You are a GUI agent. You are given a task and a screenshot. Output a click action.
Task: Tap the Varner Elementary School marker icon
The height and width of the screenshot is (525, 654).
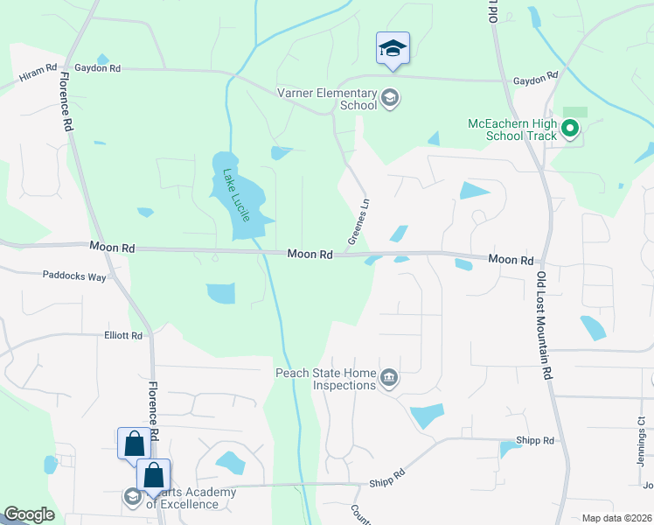pos(390,96)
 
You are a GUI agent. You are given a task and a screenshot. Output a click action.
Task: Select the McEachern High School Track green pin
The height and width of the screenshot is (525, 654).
pos(571,130)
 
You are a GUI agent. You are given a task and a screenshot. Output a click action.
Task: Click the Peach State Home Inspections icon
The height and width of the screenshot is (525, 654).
pos(390,378)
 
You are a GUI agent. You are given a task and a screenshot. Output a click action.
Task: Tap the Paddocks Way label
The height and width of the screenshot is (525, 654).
pos(74,276)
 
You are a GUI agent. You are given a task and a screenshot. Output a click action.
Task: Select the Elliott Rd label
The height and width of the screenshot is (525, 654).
pos(123,335)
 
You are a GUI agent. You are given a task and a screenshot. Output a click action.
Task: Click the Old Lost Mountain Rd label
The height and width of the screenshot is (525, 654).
pos(546,325)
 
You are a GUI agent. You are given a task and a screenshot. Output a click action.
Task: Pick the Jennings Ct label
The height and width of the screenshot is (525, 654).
pos(641,437)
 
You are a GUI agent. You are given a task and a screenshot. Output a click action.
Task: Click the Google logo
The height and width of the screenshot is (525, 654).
pos(29,514)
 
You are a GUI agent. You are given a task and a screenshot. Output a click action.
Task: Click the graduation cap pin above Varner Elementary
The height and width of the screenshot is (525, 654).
pos(393,49)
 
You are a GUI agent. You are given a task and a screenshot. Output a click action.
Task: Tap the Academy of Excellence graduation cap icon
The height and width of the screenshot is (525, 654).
pos(133,497)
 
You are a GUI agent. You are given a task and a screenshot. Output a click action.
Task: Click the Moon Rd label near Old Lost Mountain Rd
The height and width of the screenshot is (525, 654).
pos(511,260)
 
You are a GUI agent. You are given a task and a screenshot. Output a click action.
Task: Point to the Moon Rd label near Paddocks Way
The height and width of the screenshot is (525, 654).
pos(112,248)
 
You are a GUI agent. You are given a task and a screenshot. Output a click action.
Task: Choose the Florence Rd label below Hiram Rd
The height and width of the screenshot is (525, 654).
pos(66,102)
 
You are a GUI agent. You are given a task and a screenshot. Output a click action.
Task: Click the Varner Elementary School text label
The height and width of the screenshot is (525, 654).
pos(326,99)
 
